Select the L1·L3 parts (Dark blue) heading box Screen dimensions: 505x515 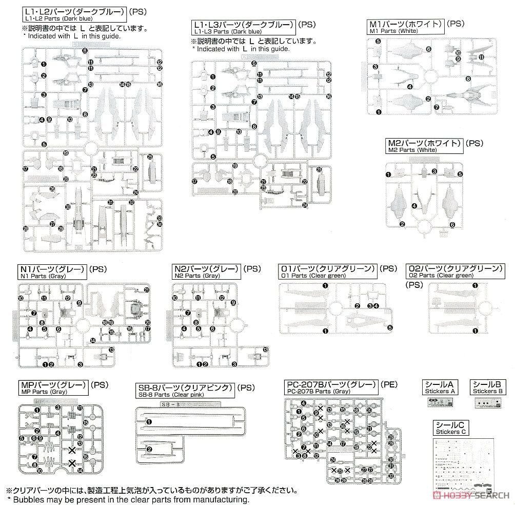click(x=244, y=28)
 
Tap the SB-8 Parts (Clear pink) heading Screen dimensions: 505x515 click(x=185, y=391)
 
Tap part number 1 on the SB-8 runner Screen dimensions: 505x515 click(x=149, y=422)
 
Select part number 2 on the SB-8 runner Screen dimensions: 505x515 click(x=149, y=450)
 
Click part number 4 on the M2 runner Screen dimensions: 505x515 click(x=414, y=205)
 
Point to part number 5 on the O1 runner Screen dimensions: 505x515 click(x=390, y=327)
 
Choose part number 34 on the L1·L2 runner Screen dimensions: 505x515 click(x=160, y=224)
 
